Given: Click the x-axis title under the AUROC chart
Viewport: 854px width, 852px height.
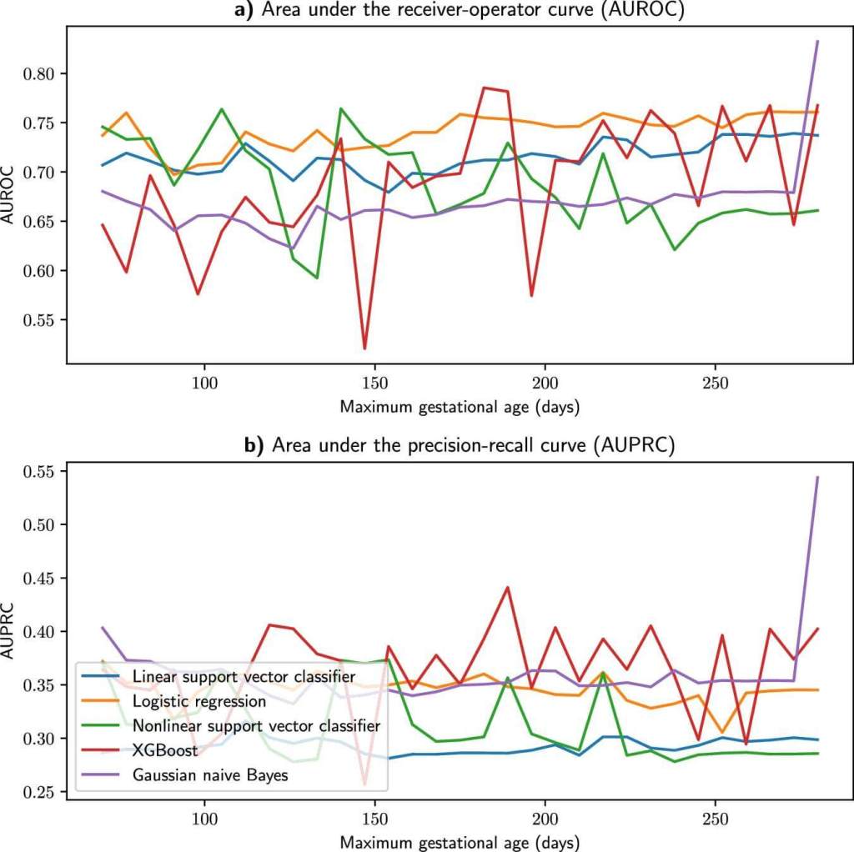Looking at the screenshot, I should click(460, 408).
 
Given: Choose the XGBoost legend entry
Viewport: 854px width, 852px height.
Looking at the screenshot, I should click(163, 751).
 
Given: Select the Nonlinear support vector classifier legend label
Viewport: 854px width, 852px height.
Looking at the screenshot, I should click(257, 725).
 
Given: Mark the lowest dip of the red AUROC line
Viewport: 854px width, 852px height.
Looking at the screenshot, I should click(364, 348).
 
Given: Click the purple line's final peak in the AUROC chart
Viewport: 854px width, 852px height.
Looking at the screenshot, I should click(817, 41).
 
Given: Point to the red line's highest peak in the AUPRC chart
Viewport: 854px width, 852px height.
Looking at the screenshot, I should click(507, 588).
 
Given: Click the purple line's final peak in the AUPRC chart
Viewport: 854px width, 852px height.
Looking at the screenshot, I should click(817, 477).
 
